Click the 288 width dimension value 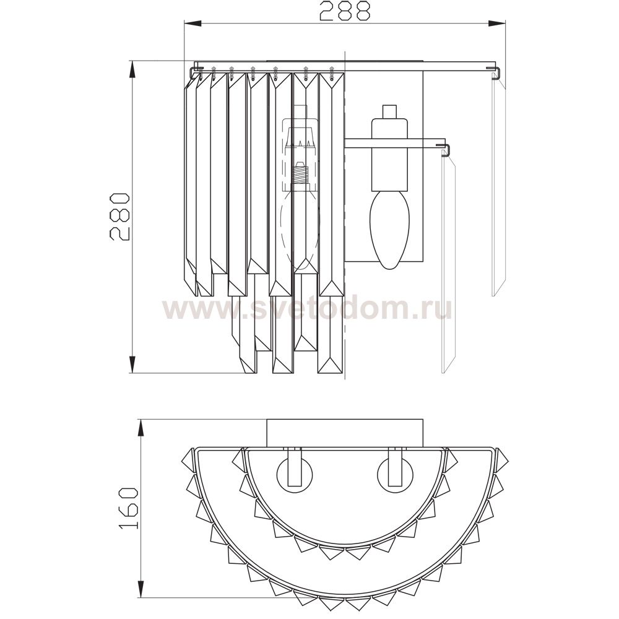(x=345, y=11)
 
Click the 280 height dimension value (x=119, y=216)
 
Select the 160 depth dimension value (x=128, y=508)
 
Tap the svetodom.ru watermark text (x=307, y=309)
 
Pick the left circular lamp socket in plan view (x=295, y=474)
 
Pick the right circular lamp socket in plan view (x=395, y=474)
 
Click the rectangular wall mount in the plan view (x=345, y=433)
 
